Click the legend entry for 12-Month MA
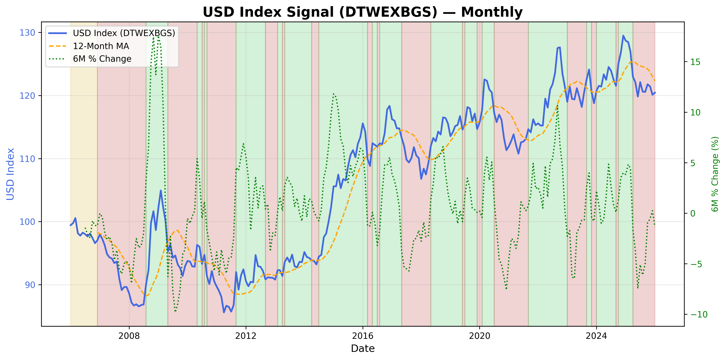pos(101,46)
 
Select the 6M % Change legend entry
pos(102,59)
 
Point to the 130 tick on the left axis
pos(27,33)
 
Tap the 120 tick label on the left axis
pos(27,96)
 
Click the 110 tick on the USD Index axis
pos(27,159)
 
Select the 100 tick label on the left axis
pos(27,222)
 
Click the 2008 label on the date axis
pos(129,336)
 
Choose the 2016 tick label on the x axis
pos(363,336)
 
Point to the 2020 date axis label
pos(479,336)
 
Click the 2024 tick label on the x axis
pos(596,336)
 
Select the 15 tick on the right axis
pos(695,62)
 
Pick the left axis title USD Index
pos(10,174)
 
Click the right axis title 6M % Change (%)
pos(715,174)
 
